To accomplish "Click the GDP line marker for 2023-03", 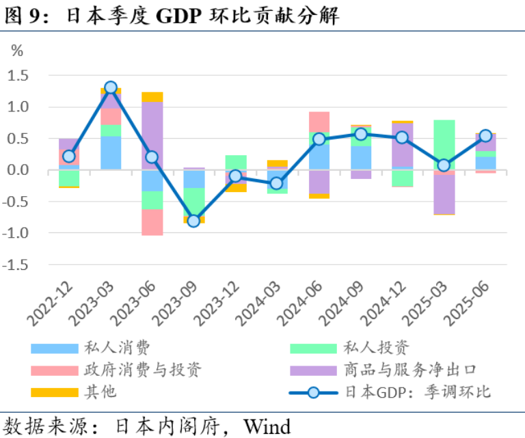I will point(111,87).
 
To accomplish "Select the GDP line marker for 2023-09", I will point(193,221).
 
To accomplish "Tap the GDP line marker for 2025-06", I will point(485,136).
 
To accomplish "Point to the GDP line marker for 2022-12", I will point(69,156).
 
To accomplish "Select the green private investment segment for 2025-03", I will point(444,144).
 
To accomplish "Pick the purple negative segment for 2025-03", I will point(444,194).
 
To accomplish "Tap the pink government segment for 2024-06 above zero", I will point(319,122).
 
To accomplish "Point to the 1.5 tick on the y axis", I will point(18,75).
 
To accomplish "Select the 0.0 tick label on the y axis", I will point(18,170).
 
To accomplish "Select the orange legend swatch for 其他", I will point(55,392).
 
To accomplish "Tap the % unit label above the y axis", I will point(17,51).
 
